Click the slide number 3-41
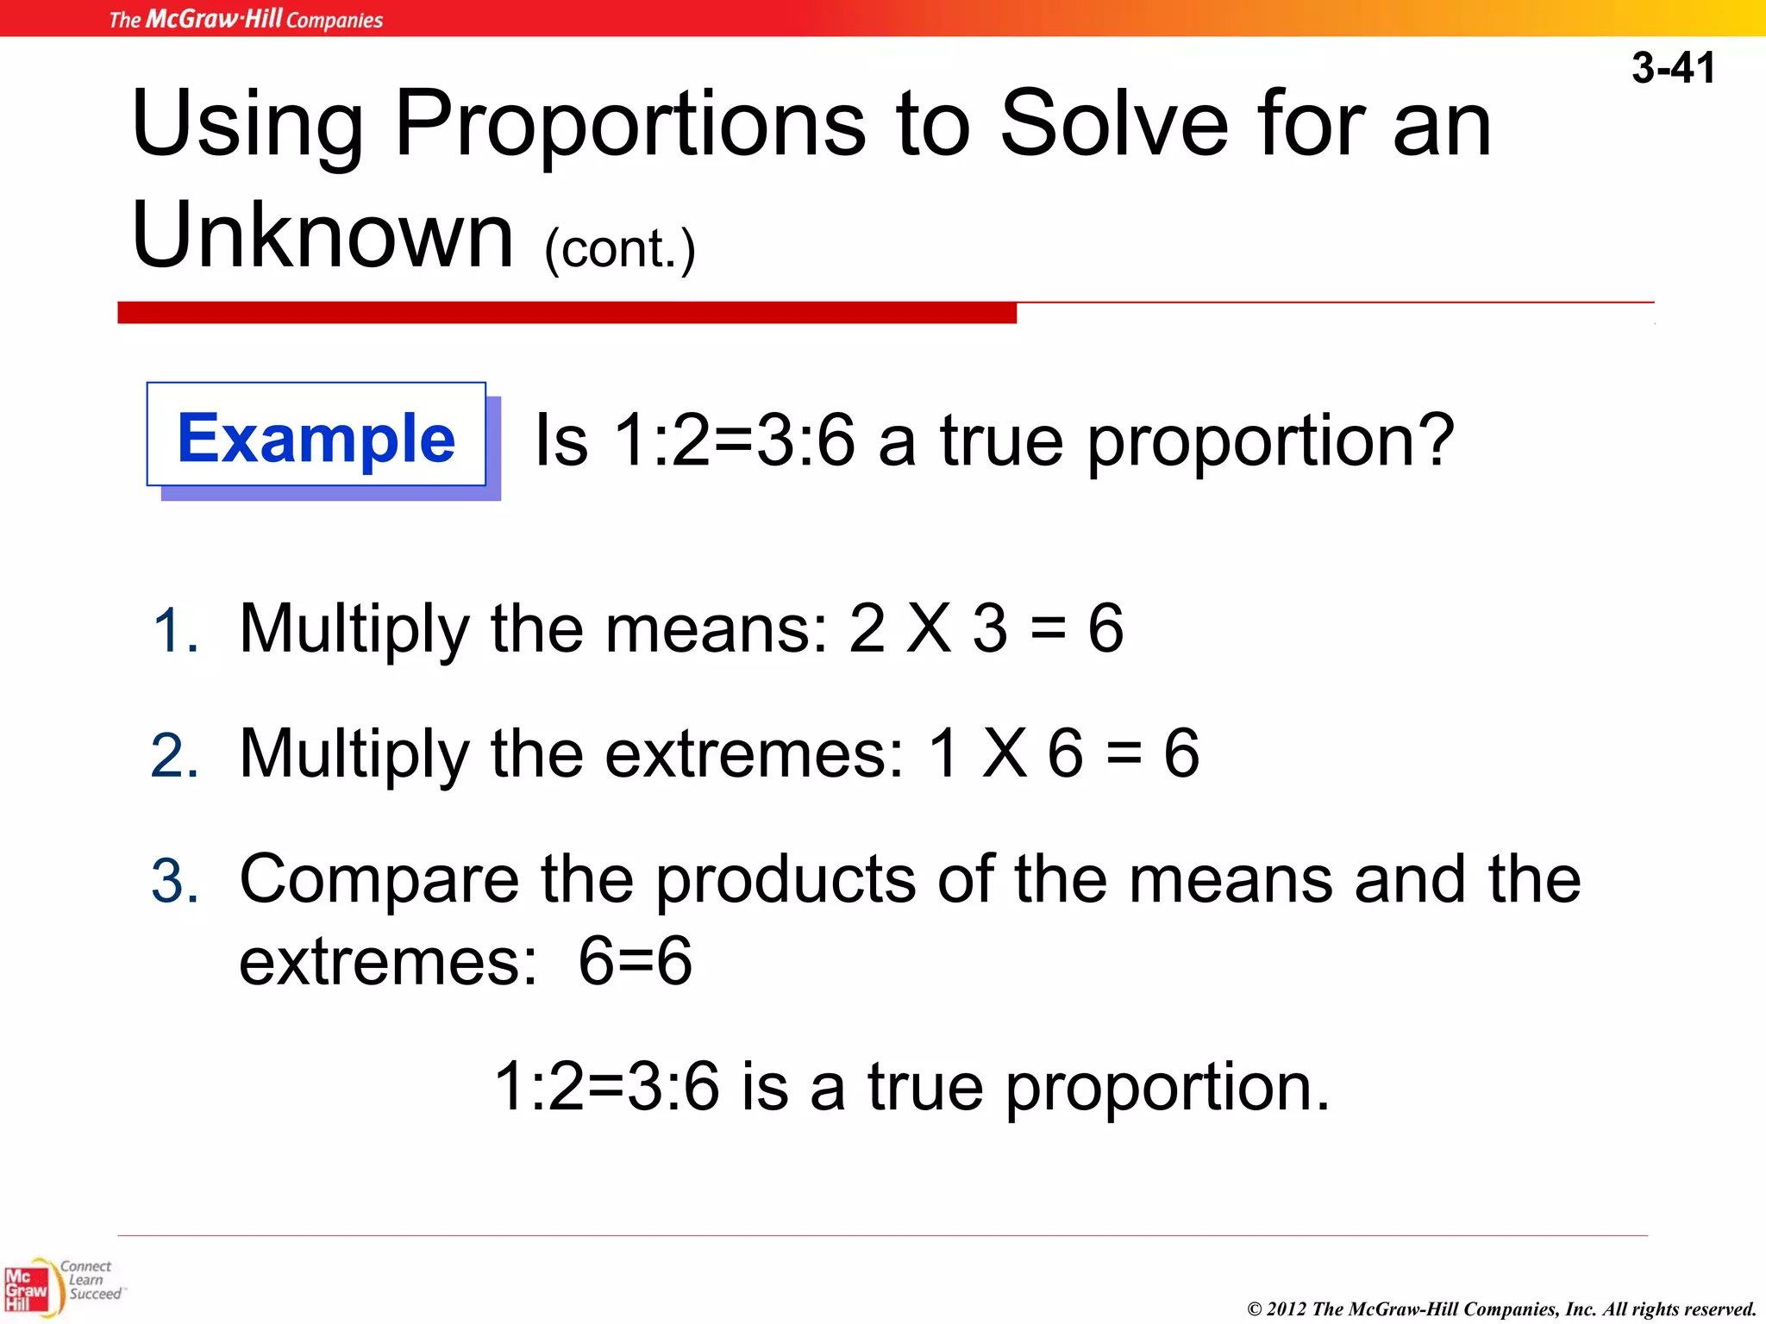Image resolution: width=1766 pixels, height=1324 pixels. pyautogui.click(x=1673, y=67)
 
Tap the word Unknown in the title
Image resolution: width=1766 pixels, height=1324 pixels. pyautogui.click(x=323, y=234)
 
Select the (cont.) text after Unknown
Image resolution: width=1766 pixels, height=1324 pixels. pyautogui.click(x=619, y=250)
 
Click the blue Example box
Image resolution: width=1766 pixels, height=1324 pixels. pyautogui.click(x=316, y=435)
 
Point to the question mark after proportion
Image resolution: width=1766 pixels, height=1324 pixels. pyautogui.click(x=1432, y=440)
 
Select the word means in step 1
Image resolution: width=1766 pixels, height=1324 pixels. pyautogui.click(x=716, y=628)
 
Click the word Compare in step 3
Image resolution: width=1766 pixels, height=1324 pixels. pyautogui.click(x=379, y=880)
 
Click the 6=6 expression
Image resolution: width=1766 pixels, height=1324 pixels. pyautogui.click(x=635, y=961)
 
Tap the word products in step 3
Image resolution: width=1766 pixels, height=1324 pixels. pyautogui.click(x=785, y=880)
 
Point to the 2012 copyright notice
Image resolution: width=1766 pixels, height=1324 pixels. pyautogui.click(x=1501, y=1308)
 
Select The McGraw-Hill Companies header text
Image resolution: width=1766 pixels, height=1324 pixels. pyautogui.click(x=246, y=18)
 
